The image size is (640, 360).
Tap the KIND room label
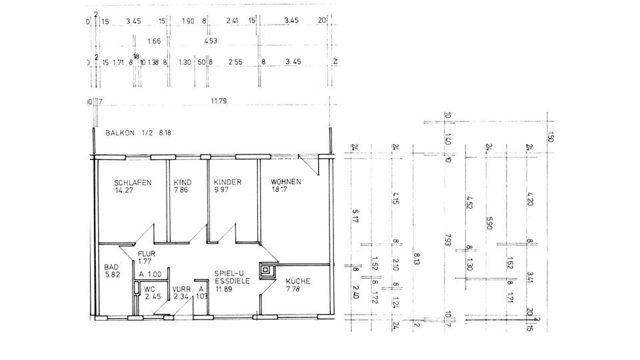[x=182, y=182]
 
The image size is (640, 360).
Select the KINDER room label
[x=227, y=182]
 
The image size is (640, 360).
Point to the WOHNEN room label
[x=286, y=182]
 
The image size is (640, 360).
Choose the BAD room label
[x=111, y=267]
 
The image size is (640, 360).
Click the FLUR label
[x=147, y=254]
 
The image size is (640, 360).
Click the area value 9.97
[x=223, y=190]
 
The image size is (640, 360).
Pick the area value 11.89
[x=224, y=290]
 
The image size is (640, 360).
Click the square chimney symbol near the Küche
[x=268, y=271]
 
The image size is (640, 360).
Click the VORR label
[x=181, y=289]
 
